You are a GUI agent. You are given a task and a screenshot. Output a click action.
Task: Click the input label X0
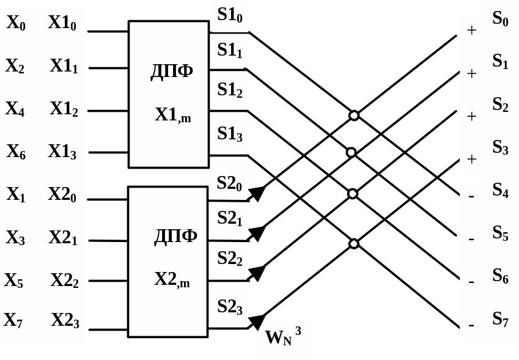(x=16, y=23)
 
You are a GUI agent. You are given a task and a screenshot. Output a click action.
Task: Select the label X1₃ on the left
(x=62, y=152)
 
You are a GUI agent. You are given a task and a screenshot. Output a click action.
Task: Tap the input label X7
(x=13, y=320)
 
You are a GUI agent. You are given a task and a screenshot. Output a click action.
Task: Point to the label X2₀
(x=62, y=194)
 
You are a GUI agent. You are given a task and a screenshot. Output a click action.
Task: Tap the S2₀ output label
(x=230, y=182)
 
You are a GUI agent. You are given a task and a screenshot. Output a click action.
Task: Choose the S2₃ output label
(x=230, y=307)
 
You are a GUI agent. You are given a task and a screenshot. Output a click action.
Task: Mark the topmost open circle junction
(x=354, y=116)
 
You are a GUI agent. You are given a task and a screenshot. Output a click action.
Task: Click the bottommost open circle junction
(x=354, y=244)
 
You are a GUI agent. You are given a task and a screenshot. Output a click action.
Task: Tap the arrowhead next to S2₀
(x=256, y=194)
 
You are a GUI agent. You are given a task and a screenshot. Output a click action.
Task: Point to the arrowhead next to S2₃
(x=256, y=322)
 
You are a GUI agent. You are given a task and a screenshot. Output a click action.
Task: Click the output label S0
(x=501, y=19)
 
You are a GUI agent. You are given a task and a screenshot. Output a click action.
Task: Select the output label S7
(x=501, y=319)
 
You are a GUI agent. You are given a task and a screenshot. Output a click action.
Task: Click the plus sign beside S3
(x=471, y=159)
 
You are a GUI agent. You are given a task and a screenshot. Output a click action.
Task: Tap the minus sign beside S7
(x=471, y=325)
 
